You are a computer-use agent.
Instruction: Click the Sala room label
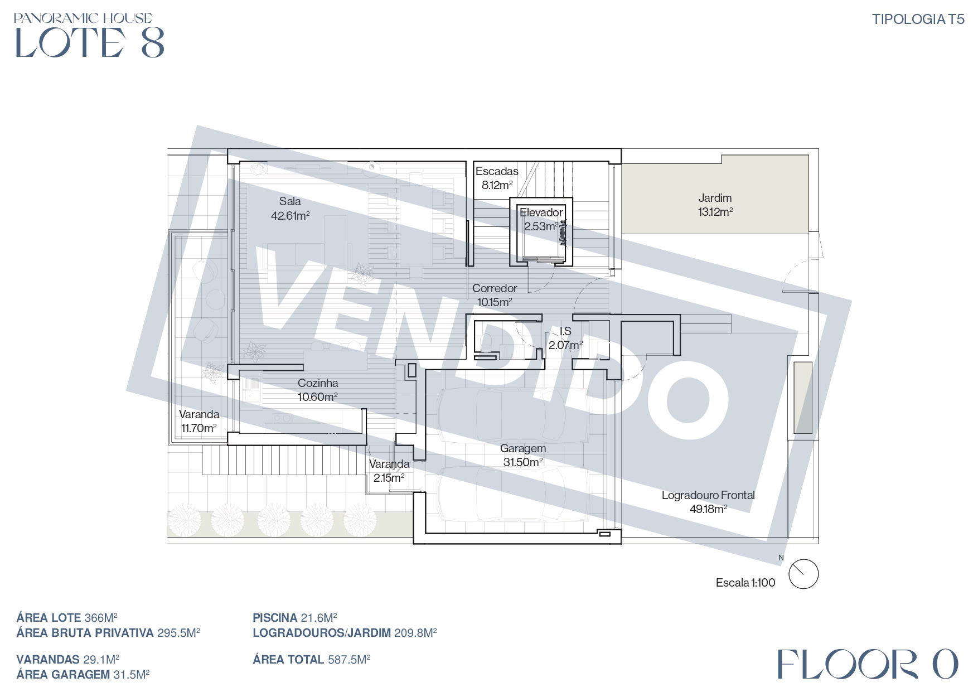pyautogui.click(x=290, y=201)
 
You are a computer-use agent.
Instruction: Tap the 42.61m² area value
pyautogui.click(x=290, y=215)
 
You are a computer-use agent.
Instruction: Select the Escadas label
pyautogui.click(x=497, y=171)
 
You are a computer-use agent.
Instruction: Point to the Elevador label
pyautogui.click(x=541, y=212)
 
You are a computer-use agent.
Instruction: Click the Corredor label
pyautogui.click(x=495, y=288)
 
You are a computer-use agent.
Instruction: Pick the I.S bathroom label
pyautogui.click(x=565, y=331)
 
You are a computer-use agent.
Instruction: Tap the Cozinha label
pyautogui.click(x=318, y=383)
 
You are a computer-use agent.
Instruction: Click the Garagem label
pyautogui.click(x=523, y=448)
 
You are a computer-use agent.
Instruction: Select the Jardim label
pyautogui.click(x=715, y=198)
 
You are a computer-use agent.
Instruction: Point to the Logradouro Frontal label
pyautogui.click(x=708, y=495)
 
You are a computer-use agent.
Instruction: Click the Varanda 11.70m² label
pyautogui.click(x=199, y=421)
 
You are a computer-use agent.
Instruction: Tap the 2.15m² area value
pyautogui.click(x=389, y=478)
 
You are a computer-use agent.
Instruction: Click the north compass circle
pyautogui.click(x=803, y=574)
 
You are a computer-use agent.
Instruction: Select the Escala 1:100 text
pyautogui.click(x=745, y=583)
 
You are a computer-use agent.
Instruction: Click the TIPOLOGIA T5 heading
pyautogui.click(x=918, y=19)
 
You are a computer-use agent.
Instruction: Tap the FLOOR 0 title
pyautogui.click(x=868, y=664)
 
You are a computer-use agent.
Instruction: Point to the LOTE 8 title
pyautogui.click(x=90, y=43)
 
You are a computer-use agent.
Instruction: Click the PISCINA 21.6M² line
pyautogui.click(x=295, y=618)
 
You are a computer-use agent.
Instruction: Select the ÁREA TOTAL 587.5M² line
pyautogui.click(x=312, y=660)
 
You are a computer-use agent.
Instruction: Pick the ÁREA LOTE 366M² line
pyautogui.click(x=67, y=618)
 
